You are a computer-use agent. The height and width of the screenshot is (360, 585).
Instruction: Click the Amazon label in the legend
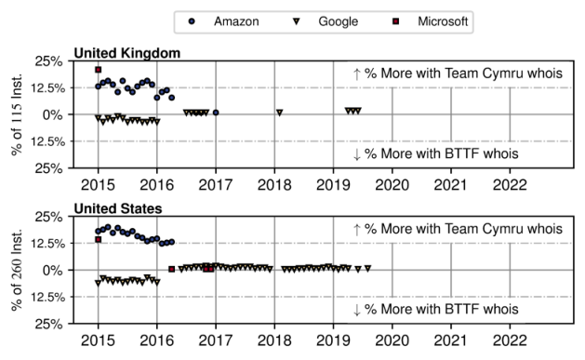(x=236, y=21)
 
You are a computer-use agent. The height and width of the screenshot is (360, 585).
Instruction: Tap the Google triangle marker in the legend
(x=297, y=21)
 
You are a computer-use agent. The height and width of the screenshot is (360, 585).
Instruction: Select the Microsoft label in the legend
(x=443, y=21)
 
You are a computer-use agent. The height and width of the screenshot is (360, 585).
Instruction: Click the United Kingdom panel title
(x=127, y=53)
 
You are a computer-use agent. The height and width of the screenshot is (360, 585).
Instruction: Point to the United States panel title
(x=118, y=208)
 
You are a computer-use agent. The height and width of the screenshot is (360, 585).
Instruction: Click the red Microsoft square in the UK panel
(x=99, y=70)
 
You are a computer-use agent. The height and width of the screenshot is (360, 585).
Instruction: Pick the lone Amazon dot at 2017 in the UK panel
(x=216, y=113)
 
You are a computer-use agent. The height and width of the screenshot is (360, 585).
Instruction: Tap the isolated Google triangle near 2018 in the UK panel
(x=279, y=113)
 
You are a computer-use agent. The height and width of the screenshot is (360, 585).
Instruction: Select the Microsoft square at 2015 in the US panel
(x=99, y=239)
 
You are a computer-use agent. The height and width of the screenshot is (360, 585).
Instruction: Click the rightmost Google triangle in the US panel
(x=368, y=268)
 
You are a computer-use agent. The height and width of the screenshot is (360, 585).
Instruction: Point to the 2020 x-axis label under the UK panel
(x=392, y=185)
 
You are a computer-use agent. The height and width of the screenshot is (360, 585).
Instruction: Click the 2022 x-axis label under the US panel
(x=510, y=340)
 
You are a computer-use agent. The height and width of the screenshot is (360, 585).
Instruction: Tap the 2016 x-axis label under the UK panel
(x=156, y=185)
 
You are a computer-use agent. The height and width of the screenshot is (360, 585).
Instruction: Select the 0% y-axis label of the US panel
(x=53, y=270)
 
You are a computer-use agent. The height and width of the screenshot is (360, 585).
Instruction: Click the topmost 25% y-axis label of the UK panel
(x=49, y=61)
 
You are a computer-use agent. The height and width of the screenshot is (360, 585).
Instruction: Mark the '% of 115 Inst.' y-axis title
(x=17, y=114)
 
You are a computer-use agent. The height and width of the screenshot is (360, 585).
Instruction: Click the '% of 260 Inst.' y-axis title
(x=17, y=270)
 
